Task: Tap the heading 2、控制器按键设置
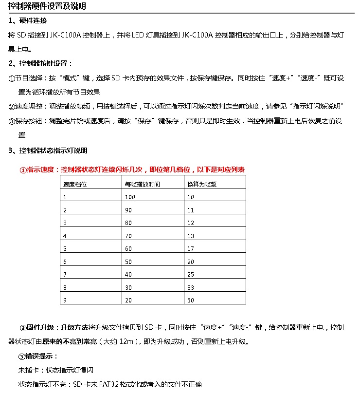[40, 64]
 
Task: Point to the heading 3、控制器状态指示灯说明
[48, 150]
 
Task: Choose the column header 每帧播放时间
[142, 185]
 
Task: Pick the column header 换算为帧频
[201, 185]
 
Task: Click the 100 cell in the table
[130, 197]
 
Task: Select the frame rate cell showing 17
[191, 248]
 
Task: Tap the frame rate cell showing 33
[191, 287]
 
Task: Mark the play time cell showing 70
[128, 236]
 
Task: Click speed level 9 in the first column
[65, 301]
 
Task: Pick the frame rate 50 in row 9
[191, 301]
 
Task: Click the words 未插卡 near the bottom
[27, 370]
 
